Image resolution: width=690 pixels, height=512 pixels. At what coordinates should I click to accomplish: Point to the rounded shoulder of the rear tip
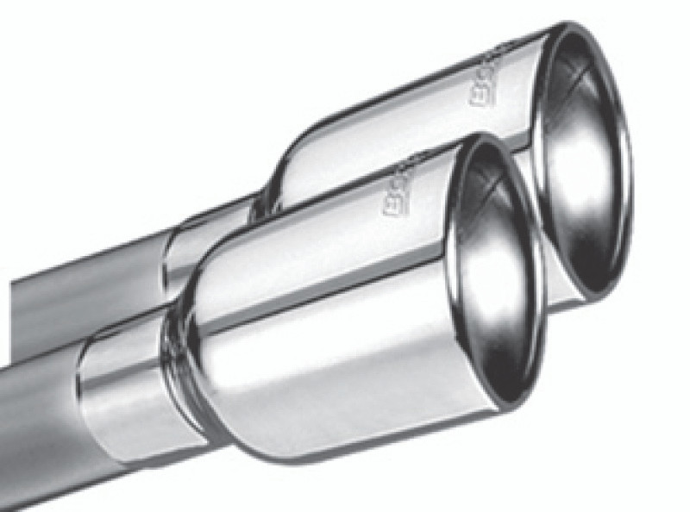(289, 155)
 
